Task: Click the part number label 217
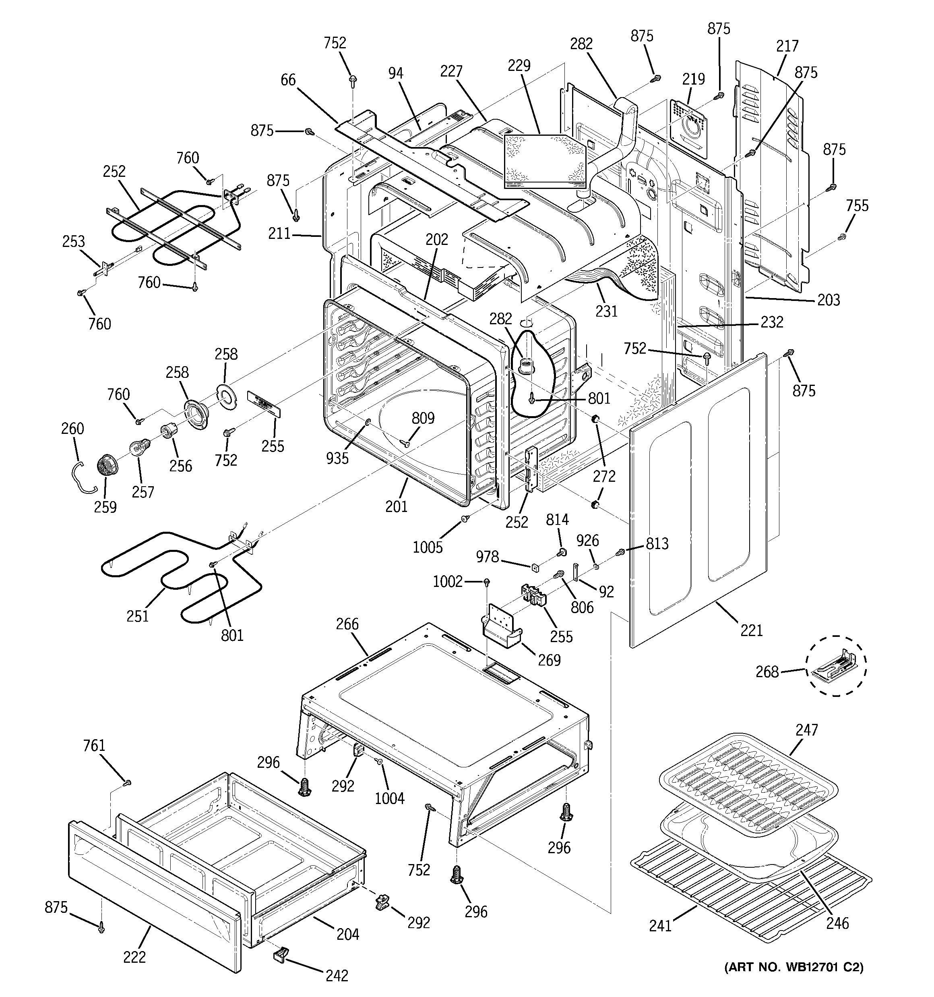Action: point(787,46)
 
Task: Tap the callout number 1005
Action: point(428,547)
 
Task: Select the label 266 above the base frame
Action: point(347,624)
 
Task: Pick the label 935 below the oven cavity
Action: point(337,458)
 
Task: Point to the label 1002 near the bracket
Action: point(448,581)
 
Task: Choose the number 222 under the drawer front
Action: point(134,957)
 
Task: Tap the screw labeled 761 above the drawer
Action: point(127,782)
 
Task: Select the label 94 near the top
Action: point(396,73)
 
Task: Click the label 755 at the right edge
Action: point(857,205)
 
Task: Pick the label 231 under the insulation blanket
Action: point(606,311)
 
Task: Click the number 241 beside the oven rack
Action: point(660,925)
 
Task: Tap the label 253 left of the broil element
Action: point(73,241)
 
